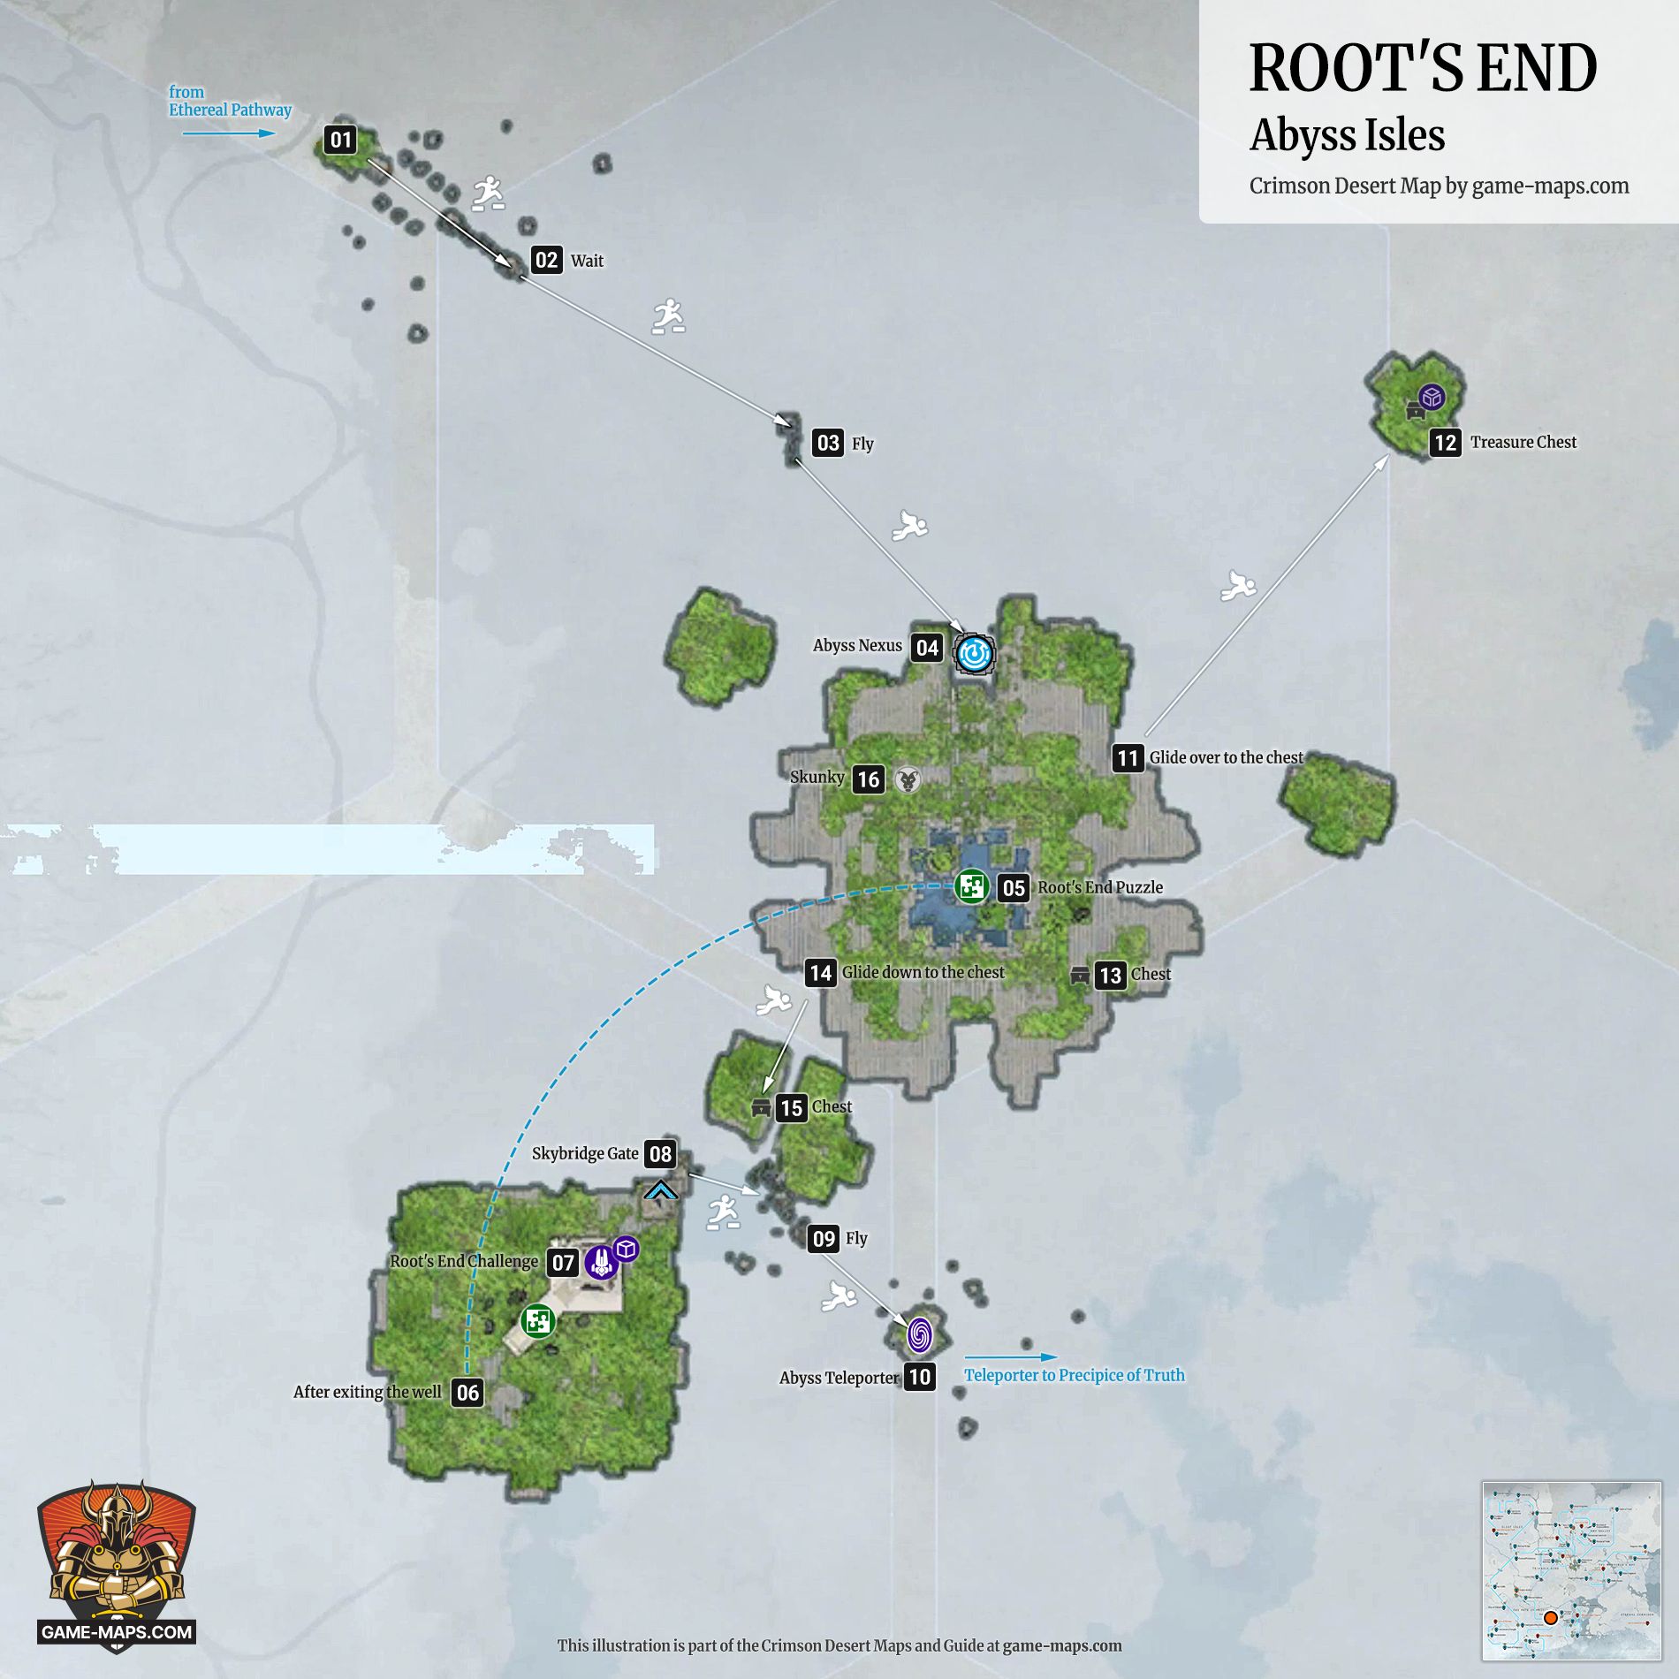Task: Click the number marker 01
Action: tap(340, 140)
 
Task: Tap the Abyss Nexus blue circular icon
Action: tap(975, 654)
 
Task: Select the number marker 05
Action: tap(1013, 888)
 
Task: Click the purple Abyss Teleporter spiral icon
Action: tap(919, 1334)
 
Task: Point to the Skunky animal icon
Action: tap(908, 779)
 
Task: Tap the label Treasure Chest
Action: tap(1523, 442)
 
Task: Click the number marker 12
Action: tap(1445, 443)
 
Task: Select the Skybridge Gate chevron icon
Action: tap(661, 1190)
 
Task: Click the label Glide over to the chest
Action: tap(1226, 757)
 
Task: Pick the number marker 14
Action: tap(820, 973)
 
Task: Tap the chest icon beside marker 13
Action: tap(1080, 976)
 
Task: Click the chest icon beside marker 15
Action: tap(761, 1108)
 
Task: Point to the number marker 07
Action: tap(563, 1263)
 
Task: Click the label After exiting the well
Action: tap(367, 1392)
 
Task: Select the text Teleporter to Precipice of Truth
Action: tap(1074, 1375)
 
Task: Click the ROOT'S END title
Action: tap(1423, 68)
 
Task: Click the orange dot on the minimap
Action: tap(1550, 1618)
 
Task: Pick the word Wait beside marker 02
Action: tap(587, 261)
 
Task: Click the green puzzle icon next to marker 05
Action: tap(971, 886)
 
